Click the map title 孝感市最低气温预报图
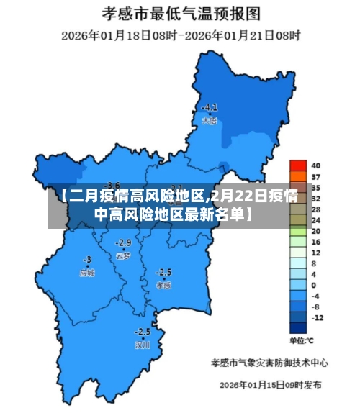181,13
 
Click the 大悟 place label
210,121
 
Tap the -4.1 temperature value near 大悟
210,108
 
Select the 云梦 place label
123,255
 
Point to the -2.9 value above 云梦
124,242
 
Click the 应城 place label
87,273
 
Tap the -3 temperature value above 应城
87,259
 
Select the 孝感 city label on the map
164,285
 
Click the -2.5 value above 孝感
164,272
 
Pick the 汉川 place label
143,345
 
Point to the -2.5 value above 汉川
143,332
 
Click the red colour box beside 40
297,165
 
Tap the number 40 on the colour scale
315,165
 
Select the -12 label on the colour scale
318,317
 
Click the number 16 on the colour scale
315,242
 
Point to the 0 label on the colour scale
313,285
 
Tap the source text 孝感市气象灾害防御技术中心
269,362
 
